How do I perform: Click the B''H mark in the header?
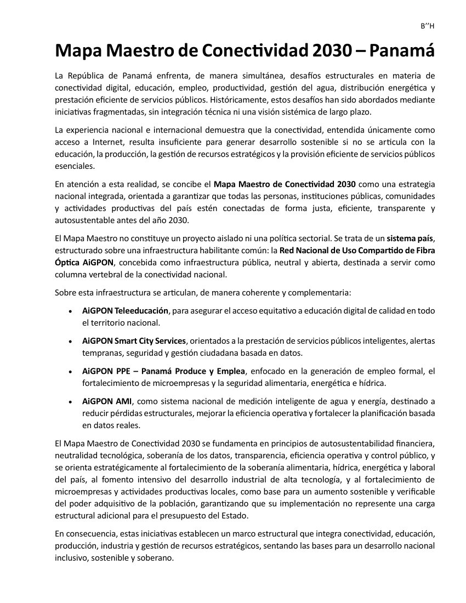pyautogui.click(x=427, y=26)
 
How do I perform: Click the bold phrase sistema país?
pyautogui.click(x=410, y=238)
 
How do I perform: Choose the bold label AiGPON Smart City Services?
pyautogui.click(x=134, y=341)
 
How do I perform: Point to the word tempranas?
pyautogui.click(x=101, y=352)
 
